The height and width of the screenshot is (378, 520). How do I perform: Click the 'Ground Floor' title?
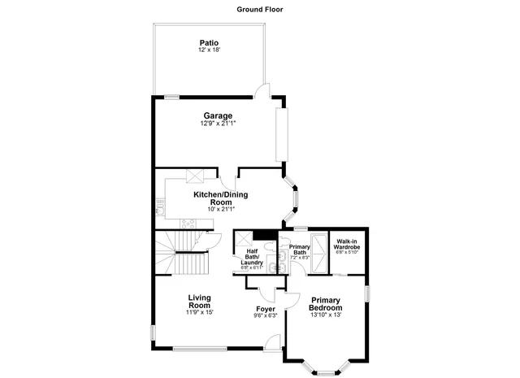point(260,10)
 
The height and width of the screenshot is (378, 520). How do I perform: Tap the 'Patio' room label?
point(210,43)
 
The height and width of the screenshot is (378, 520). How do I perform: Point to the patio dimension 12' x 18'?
point(210,51)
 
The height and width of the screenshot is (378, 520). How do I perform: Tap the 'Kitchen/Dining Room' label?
point(220,199)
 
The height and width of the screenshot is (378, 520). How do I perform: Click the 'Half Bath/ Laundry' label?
point(253,257)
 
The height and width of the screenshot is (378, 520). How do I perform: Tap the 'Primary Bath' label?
point(300,249)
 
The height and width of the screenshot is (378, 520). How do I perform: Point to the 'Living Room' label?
point(200,301)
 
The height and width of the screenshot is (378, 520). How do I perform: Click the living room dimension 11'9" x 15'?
point(200,312)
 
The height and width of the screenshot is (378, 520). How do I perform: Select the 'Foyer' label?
point(266,309)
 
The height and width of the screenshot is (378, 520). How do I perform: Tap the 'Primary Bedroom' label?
point(326,304)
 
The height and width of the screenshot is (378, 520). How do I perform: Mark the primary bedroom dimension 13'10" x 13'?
point(326,316)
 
